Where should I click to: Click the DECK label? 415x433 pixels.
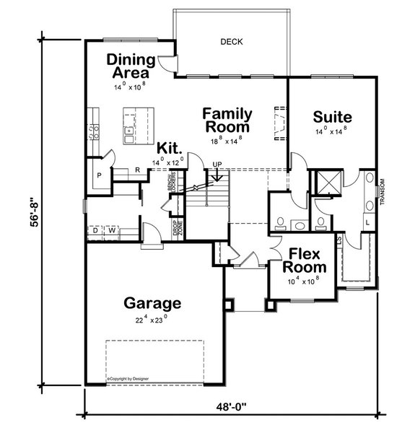(x=232, y=42)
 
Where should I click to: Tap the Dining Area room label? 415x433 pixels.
(x=128, y=66)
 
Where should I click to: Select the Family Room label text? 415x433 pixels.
(x=227, y=121)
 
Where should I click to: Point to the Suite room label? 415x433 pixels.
(x=333, y=116)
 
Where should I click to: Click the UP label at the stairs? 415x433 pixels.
(x=217, y=165)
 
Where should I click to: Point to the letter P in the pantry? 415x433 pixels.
(x=99, y=175)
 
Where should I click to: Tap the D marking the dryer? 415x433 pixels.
(x=95, y=231)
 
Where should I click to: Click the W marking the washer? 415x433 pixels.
(x=113, y=231)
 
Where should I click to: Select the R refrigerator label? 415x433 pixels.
(x=137, y=170)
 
